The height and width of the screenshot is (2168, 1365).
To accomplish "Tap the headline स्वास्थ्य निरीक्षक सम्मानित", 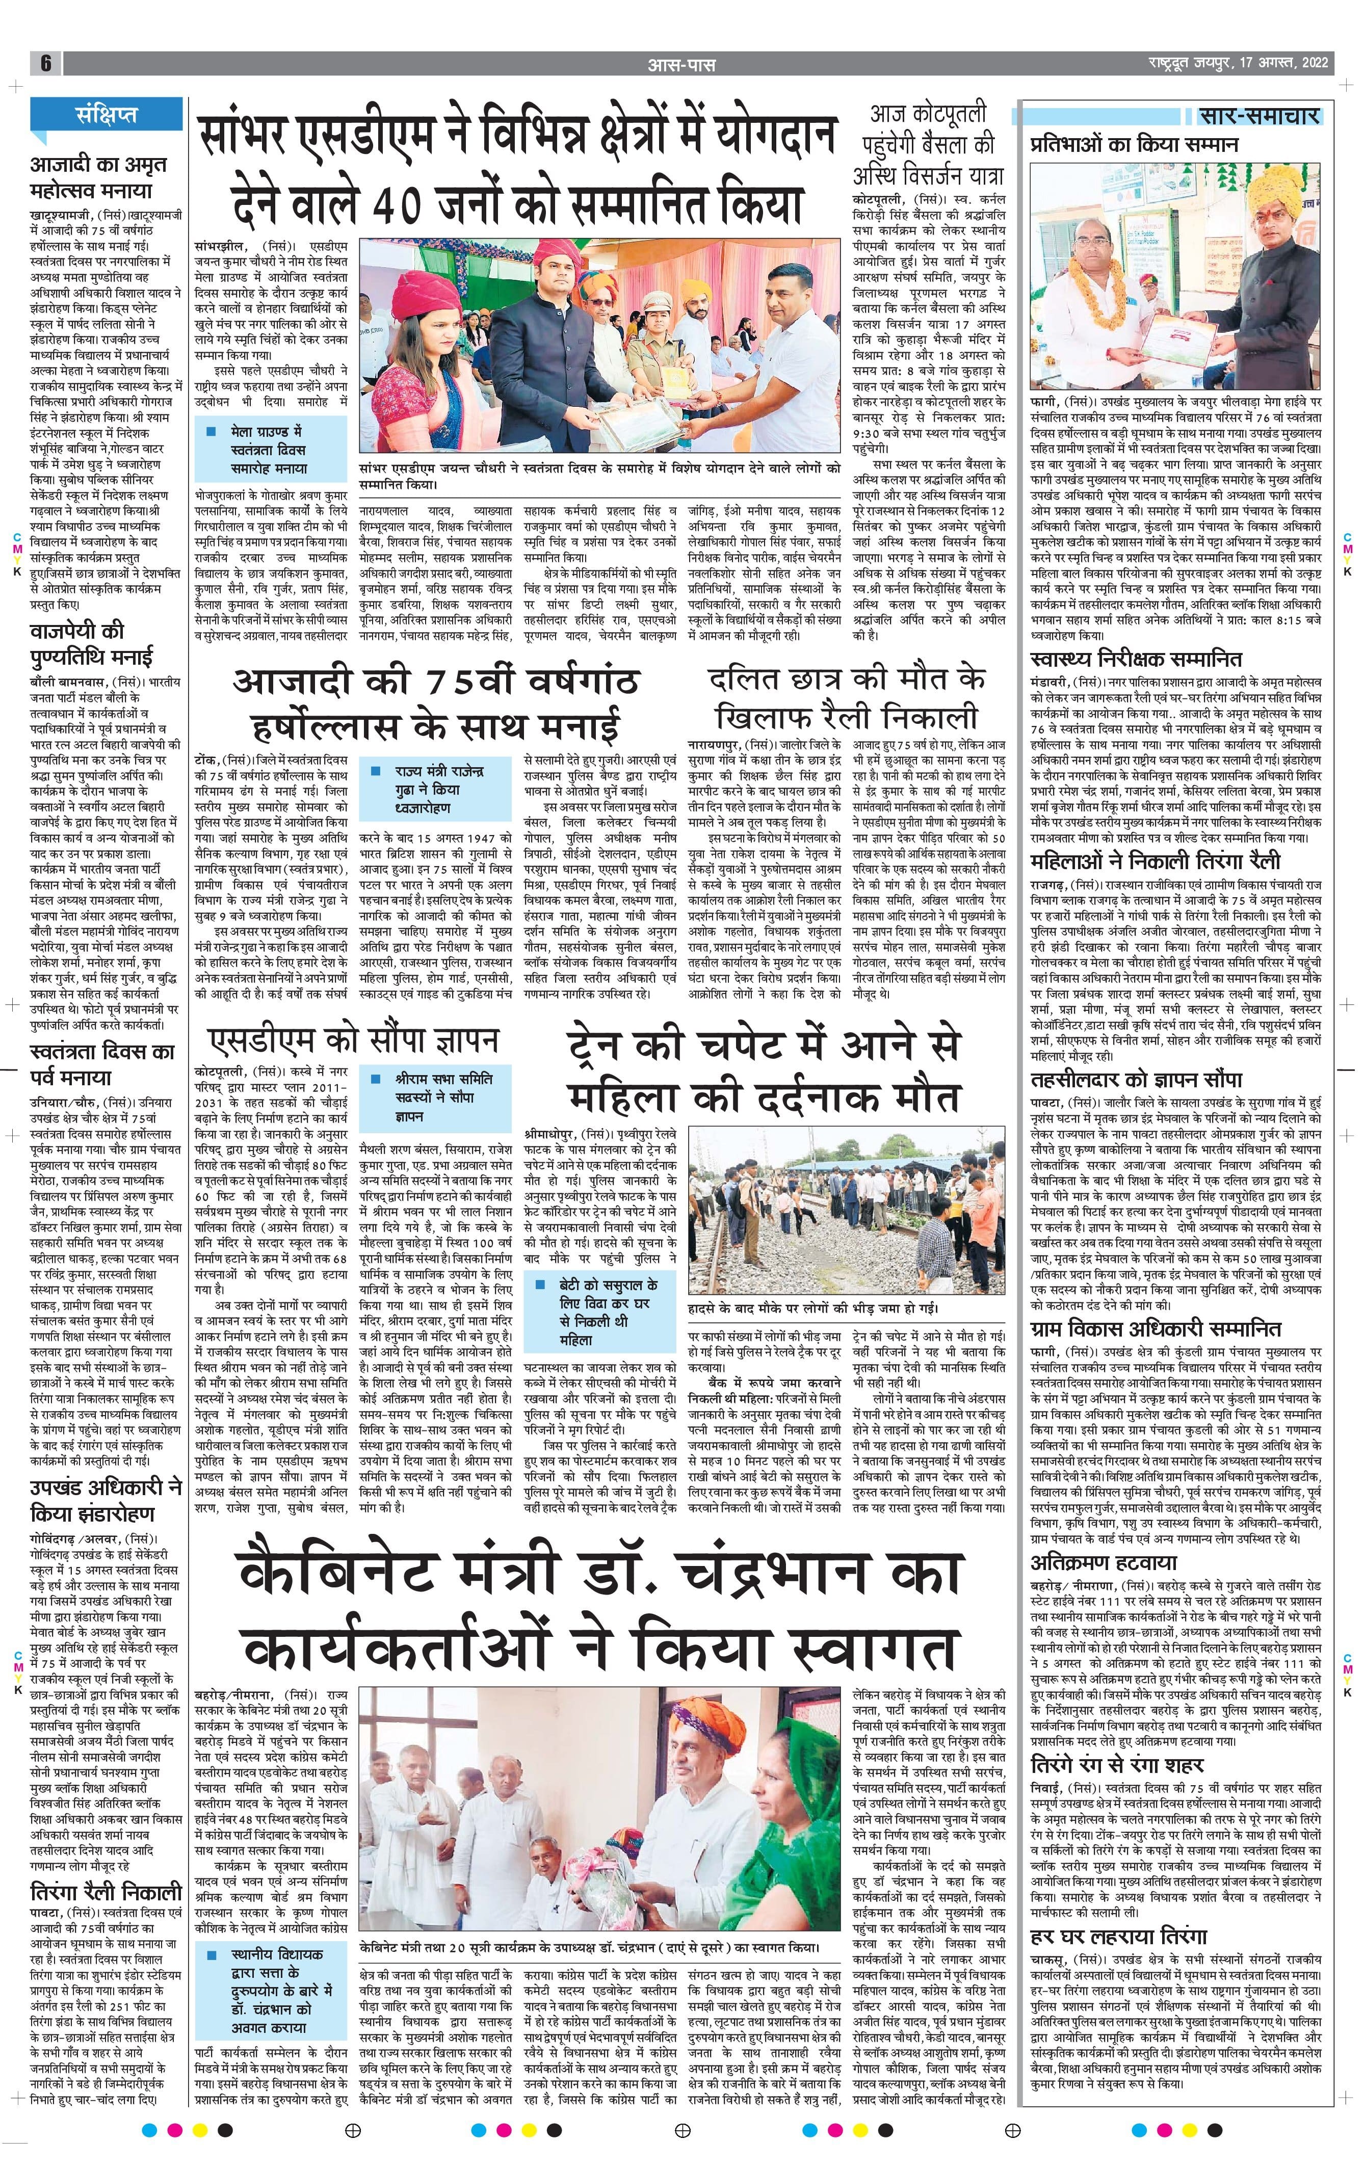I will point(1136,660).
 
